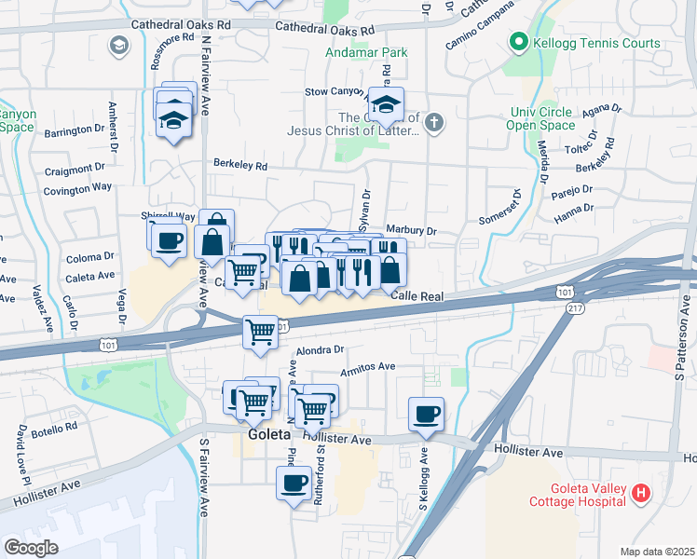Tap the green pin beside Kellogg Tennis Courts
(518, 43)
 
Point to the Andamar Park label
(366, 53)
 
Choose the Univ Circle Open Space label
(541, 118)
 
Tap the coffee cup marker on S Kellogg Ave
(426, 414)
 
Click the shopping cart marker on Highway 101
(260, 333)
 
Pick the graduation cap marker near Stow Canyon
(389, 104)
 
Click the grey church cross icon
(433, 121)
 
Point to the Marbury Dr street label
(411, 230)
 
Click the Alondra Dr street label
(320, 350)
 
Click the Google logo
(31, 548)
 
